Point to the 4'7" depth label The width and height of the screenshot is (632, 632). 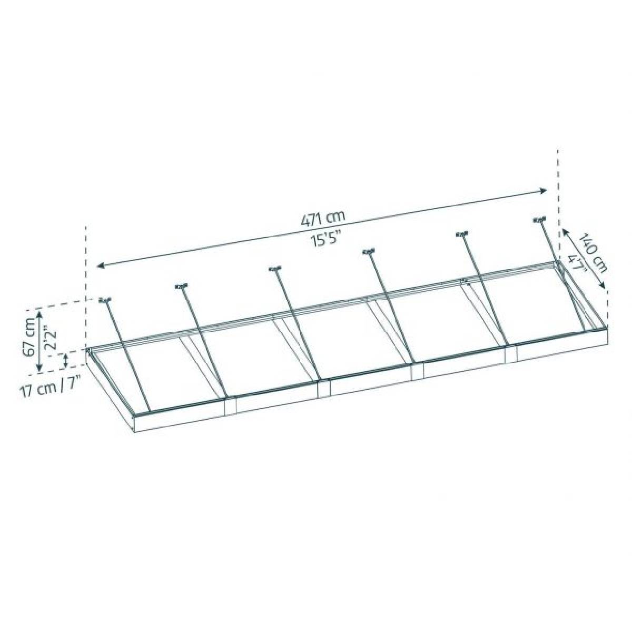[x=576, y=263]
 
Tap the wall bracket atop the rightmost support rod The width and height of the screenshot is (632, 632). [x=539, y=220]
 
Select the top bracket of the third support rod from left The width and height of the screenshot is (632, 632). [x=274, y=269]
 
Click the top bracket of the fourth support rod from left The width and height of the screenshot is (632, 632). [x=368, y=252]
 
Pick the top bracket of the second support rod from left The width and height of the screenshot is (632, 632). [x=181, y=287]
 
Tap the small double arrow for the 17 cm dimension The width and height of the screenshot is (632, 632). [x=65, y=361]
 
